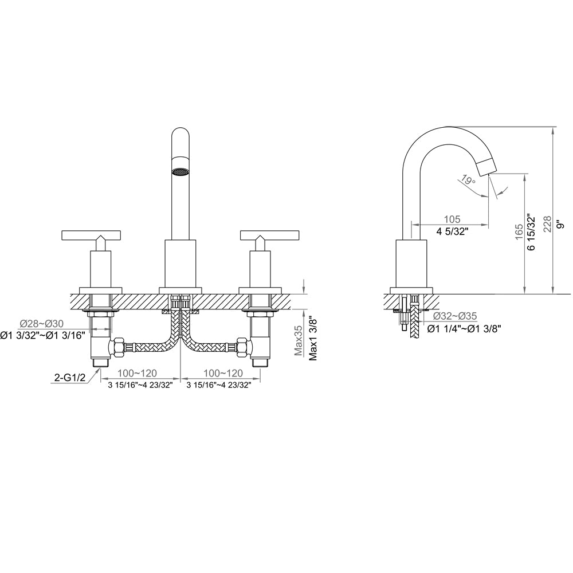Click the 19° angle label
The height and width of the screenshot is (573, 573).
pyautogui.click(x=468, y=180)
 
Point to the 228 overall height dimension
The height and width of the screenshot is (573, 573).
pyautogui.click(x=547, y=225)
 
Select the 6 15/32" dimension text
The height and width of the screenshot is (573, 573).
pyautogui.click(x=532, y=231)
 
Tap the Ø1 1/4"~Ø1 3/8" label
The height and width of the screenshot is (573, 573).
pyautogui.click(x=465, y=328)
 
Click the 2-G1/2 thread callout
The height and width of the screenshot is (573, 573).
pyautogui.click(x=69, y=377)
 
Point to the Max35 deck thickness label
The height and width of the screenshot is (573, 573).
pyautogui.click(x=299, y=341)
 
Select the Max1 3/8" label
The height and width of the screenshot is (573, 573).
pyautogui.click(x=313, y=338)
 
